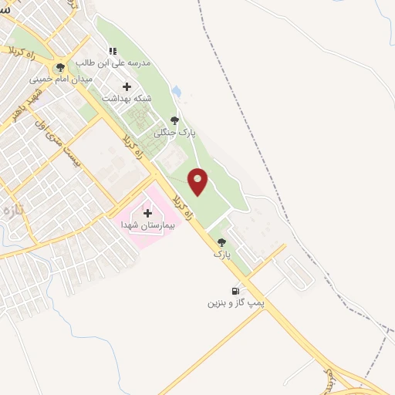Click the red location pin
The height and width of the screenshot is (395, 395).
click(x=198, y=181)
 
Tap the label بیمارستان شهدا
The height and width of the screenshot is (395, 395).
click(x=148, y=225)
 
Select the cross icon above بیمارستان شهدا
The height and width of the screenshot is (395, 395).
click(x=148, y=212)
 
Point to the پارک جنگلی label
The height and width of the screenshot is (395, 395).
click(x=177, y=133)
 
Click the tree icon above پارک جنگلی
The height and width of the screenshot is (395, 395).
click(x=174, y=120)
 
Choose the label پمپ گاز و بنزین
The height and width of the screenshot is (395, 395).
click(x=235, y=303)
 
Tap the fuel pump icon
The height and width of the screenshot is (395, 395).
click(x=235, y=291)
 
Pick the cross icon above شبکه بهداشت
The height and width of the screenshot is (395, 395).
click(x=127, y=86)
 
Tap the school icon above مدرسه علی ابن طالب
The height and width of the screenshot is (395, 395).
click(x=113, y=51)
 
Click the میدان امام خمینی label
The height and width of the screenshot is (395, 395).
click(x=61, y=79)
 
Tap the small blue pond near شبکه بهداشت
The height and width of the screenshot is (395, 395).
click(x=177, y=92)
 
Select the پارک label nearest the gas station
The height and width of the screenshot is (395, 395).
click(x=222, y=254)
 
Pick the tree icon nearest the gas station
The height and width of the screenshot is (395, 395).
click(x=222, y=241)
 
